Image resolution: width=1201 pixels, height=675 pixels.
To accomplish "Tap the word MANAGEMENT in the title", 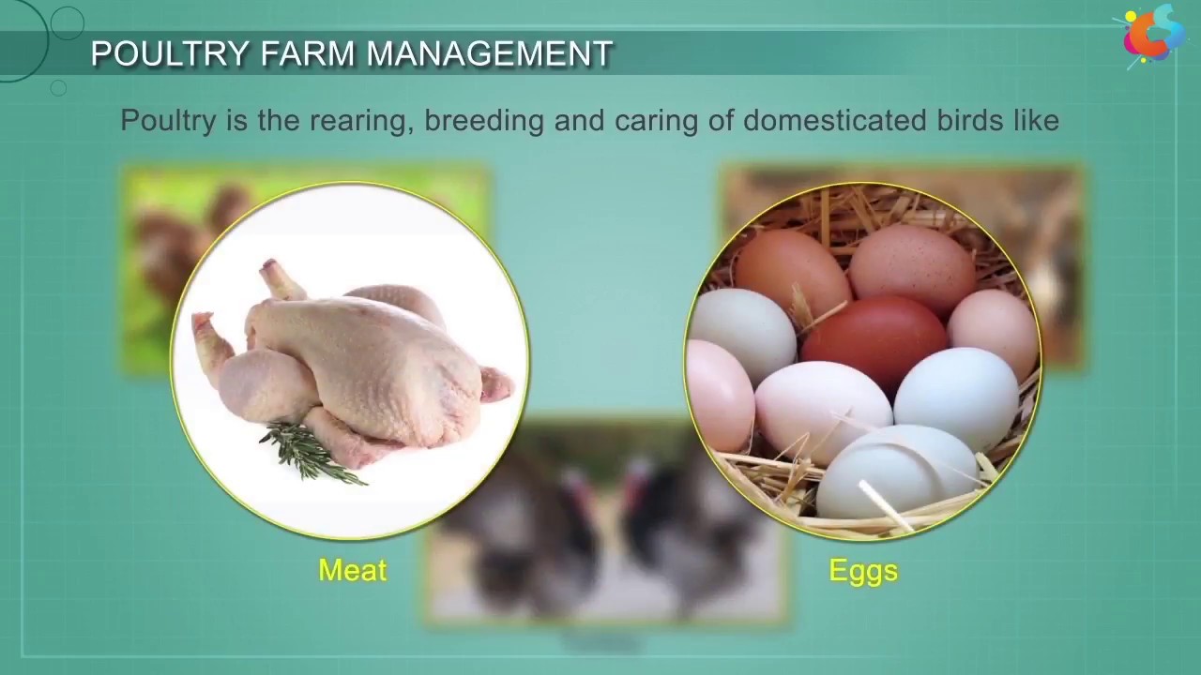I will pyautogui.click(x=489, y=54).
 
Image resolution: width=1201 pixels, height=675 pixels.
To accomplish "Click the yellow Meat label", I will pyautogui.click(x=352, y=570).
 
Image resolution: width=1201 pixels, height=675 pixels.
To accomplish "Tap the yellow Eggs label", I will pyautogui.click(x=863, y=570).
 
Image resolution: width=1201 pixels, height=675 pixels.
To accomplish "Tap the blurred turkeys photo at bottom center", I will pyautogui.click(x=605, y=562).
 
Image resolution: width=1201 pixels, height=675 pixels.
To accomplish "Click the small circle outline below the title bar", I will pyautogui.click(x=58, y=88).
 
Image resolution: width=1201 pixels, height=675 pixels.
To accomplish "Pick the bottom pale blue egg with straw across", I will pyautogui.click(x=901, y=473).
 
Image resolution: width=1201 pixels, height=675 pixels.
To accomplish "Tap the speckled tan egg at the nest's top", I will pyautogui.click(x=911, y=267).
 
